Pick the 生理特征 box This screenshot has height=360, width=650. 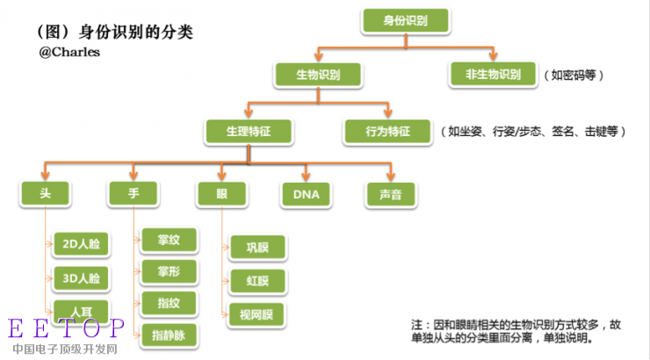click(249, 131)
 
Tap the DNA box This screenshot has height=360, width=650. click(306, 194)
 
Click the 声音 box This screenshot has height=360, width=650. click(391, 194)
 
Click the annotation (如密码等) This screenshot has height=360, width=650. click(574, 76)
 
